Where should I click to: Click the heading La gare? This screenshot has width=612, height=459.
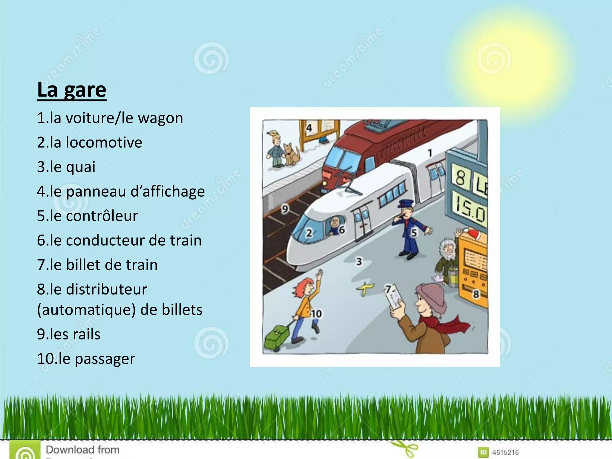tap(72, 90)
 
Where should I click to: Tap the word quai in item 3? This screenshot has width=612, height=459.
tap(81, 167)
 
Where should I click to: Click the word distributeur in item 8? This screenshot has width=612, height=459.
tap(106, 289)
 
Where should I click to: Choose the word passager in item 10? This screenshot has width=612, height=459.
tap(105, 359)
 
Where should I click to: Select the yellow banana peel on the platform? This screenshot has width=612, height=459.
tap(365, 288)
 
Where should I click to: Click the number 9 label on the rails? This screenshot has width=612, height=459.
tap(285, 209)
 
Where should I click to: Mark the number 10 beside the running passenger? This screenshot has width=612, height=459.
tap(316, 313)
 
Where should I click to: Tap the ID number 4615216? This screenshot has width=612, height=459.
tap(505, 452)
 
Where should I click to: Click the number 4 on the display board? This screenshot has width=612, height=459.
tap(309, 128)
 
